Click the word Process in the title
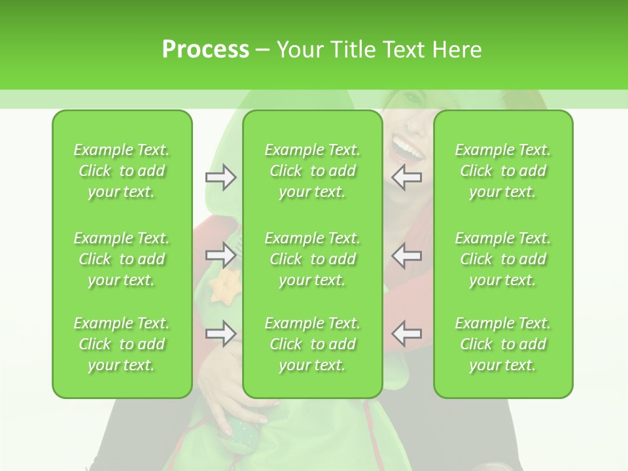205,50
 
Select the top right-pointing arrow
221,177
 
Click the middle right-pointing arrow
221,255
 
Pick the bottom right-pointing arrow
221,334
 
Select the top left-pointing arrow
407,177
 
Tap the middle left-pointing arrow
407,255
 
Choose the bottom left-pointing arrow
407,334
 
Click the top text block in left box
122,171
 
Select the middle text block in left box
122,259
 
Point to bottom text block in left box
122,344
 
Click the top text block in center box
313,171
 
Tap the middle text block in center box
313,259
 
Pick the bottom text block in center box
313,344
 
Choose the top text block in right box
503,171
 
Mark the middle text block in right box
503,259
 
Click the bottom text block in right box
503,344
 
